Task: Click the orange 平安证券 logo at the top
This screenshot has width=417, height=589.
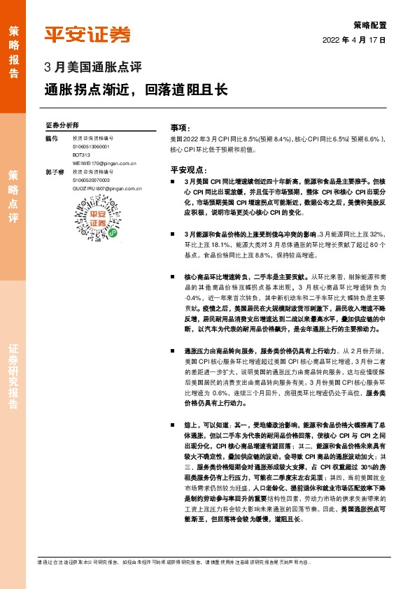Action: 87,34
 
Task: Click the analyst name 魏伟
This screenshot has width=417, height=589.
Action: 50,138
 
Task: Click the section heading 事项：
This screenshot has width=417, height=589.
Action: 181,129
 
